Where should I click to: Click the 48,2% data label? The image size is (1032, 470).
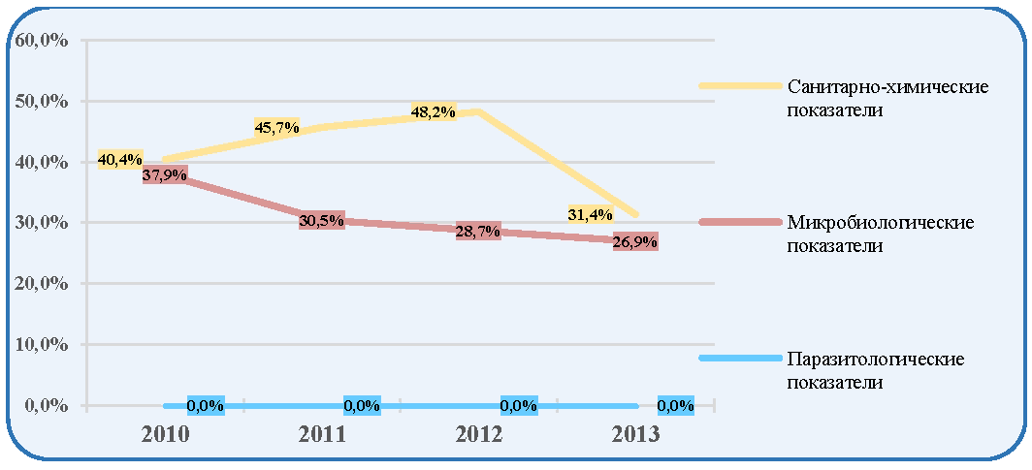[433, 112]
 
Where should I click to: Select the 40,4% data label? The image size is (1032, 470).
[120, 159]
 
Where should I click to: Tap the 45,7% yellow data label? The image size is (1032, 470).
[277, 127]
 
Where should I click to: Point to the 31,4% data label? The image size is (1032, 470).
[591, 213]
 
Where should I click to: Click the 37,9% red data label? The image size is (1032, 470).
[165, 174]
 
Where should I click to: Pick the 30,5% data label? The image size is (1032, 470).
[321, 221]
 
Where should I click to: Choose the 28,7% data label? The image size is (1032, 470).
[478, 232]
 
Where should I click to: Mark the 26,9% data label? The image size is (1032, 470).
[635, 242]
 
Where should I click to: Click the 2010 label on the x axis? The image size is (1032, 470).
[165, 435]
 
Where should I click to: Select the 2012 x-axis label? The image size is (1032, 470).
[478, 435]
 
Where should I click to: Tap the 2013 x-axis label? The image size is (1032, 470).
[634, 435]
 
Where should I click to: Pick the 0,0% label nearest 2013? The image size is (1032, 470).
[676, 406]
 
